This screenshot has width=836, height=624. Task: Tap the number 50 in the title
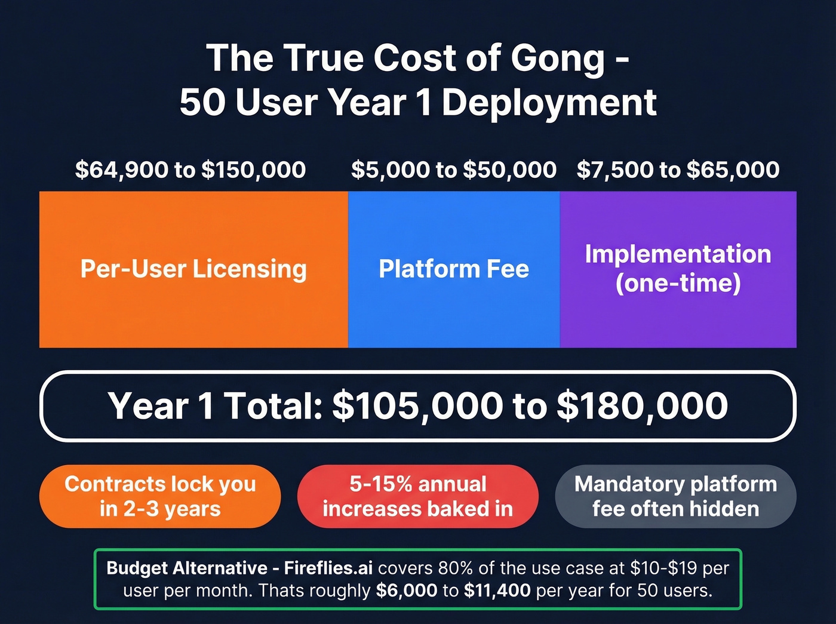point(201,103)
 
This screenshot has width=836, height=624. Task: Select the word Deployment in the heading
point(549,103)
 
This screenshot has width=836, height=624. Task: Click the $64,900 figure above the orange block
point(122,170)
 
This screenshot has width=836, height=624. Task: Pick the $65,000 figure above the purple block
point(733,170)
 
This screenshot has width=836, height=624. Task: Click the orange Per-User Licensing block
point(193,269)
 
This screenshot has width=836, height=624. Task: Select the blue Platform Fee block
point(454,269)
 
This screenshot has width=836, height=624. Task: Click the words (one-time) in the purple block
point(678,283)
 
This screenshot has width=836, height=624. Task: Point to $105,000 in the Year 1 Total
point(417,406)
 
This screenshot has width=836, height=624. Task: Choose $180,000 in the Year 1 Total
point(643,406)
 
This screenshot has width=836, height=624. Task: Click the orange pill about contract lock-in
point(160,496)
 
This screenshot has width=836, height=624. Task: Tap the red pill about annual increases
point(418,496)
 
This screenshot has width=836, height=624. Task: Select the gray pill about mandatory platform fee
point(675,496)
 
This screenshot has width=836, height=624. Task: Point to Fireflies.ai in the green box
point(328,568)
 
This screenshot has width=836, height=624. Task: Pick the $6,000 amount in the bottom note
point(407,591)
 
